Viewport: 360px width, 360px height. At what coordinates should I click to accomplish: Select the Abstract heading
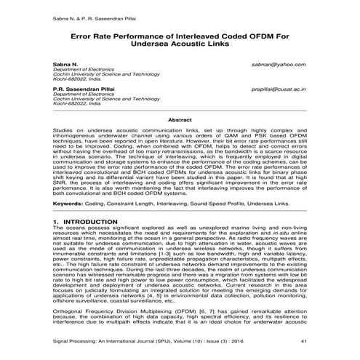pyautogui.click(x=180, y=119)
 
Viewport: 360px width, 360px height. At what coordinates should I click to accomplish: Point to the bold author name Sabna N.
pyautogui.click(x=65, y=64)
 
